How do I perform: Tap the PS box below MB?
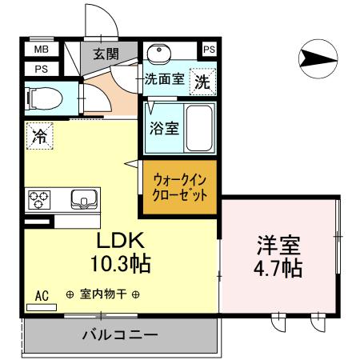click(39, 68)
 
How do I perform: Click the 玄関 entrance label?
click(103, 54)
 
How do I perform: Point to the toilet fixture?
click(46, 99)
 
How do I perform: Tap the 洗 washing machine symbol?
click(202, 81)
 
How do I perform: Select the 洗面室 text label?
click(164, 80)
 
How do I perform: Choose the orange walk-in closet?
click(180, 188)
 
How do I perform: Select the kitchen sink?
click(82, 199)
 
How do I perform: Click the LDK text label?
click(120, 241)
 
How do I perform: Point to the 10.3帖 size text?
click(122, 262)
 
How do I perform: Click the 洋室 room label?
click(278, 244)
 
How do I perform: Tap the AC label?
click(42, 296)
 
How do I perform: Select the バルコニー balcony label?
click(119, 335)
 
